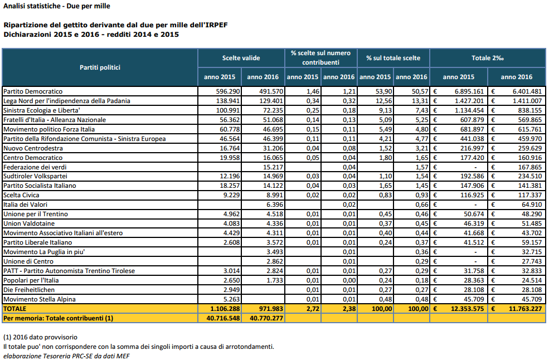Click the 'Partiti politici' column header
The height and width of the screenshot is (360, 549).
pos(100,67)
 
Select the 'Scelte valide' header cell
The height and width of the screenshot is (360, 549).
pos(241,58)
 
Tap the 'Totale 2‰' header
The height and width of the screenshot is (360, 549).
pos(487,58)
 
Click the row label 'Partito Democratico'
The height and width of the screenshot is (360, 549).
pos(33,91)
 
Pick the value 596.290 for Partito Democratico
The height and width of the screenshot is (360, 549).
pos(228,91)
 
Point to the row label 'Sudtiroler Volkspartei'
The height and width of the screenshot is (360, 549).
pos(35,176)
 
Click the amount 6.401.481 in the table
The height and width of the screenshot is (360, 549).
pos(527,91)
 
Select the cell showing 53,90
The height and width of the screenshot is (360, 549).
pos(385,91)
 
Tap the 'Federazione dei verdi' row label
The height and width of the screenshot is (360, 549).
pos(35,167)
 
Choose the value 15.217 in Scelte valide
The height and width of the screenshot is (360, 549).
pos(273,167)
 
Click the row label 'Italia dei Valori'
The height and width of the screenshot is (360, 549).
pos(25,205)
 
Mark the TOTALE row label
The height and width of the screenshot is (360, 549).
pos(14,309)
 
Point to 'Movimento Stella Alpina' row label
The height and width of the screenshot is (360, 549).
pos(40,299)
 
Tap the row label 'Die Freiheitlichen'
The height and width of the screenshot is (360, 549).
pos(29,290)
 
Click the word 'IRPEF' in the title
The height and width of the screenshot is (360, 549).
pos(216,25)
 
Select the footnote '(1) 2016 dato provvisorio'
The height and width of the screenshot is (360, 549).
pos(40,337)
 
